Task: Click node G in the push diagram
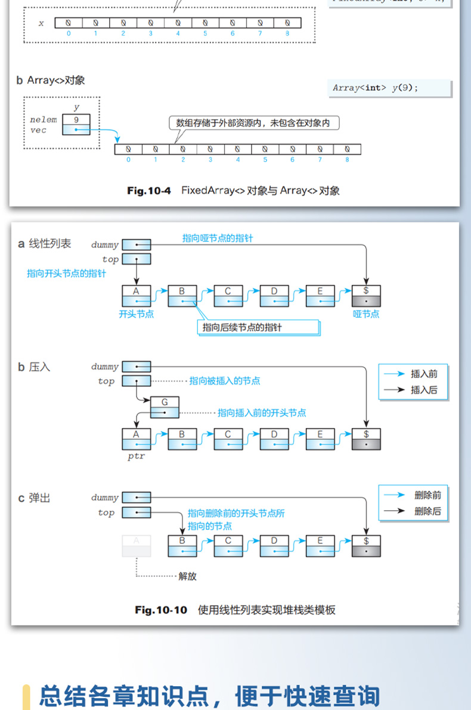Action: point(165,407)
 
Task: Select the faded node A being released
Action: point(136,545)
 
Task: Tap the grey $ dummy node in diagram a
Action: point(366,296)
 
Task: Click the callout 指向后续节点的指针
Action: point(258,327)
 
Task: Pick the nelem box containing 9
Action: point(76,120)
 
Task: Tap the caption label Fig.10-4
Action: point(149,191)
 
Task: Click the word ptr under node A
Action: point(136,457)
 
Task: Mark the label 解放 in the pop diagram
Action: point(187,576)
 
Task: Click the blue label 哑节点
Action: point(366,314)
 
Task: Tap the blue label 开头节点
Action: point(137,314)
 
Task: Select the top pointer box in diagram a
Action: point(137,259)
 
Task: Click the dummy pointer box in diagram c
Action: point(137,497)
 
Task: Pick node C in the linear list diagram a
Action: point(228,296)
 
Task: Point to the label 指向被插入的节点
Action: point(225,381)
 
